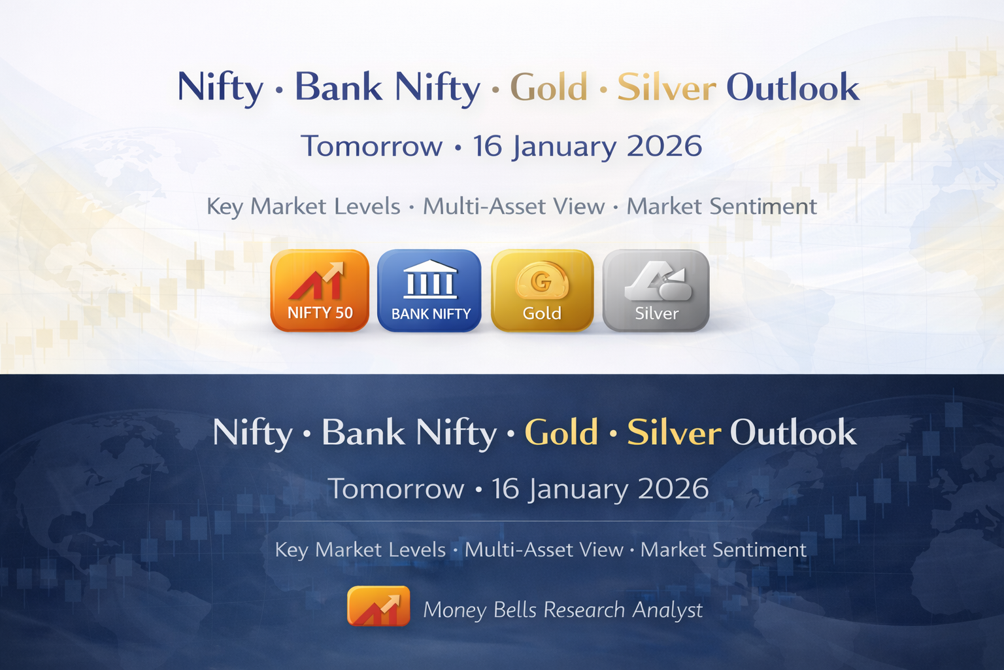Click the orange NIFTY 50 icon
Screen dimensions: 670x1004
coord(320,291)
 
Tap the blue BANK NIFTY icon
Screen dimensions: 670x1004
coord(429,291)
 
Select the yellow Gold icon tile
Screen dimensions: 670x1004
coord(542,291)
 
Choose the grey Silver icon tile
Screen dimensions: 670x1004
coord(656,291)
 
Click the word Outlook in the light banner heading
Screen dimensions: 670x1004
coord(793,88)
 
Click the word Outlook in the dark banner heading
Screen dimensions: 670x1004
coord(793,433)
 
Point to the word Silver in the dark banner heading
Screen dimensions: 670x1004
coord(674,433)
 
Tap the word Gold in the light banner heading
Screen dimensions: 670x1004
coord(548,88)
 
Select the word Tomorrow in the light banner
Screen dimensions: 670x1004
coord(371,147)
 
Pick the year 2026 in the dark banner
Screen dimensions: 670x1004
coord(673,489)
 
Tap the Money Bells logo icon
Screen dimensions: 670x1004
coord(378,607)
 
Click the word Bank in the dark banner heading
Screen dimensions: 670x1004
coord(363,433)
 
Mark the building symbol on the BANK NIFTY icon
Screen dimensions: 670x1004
coord(429,280)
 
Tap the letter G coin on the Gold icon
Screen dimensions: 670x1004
coord(541,281)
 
